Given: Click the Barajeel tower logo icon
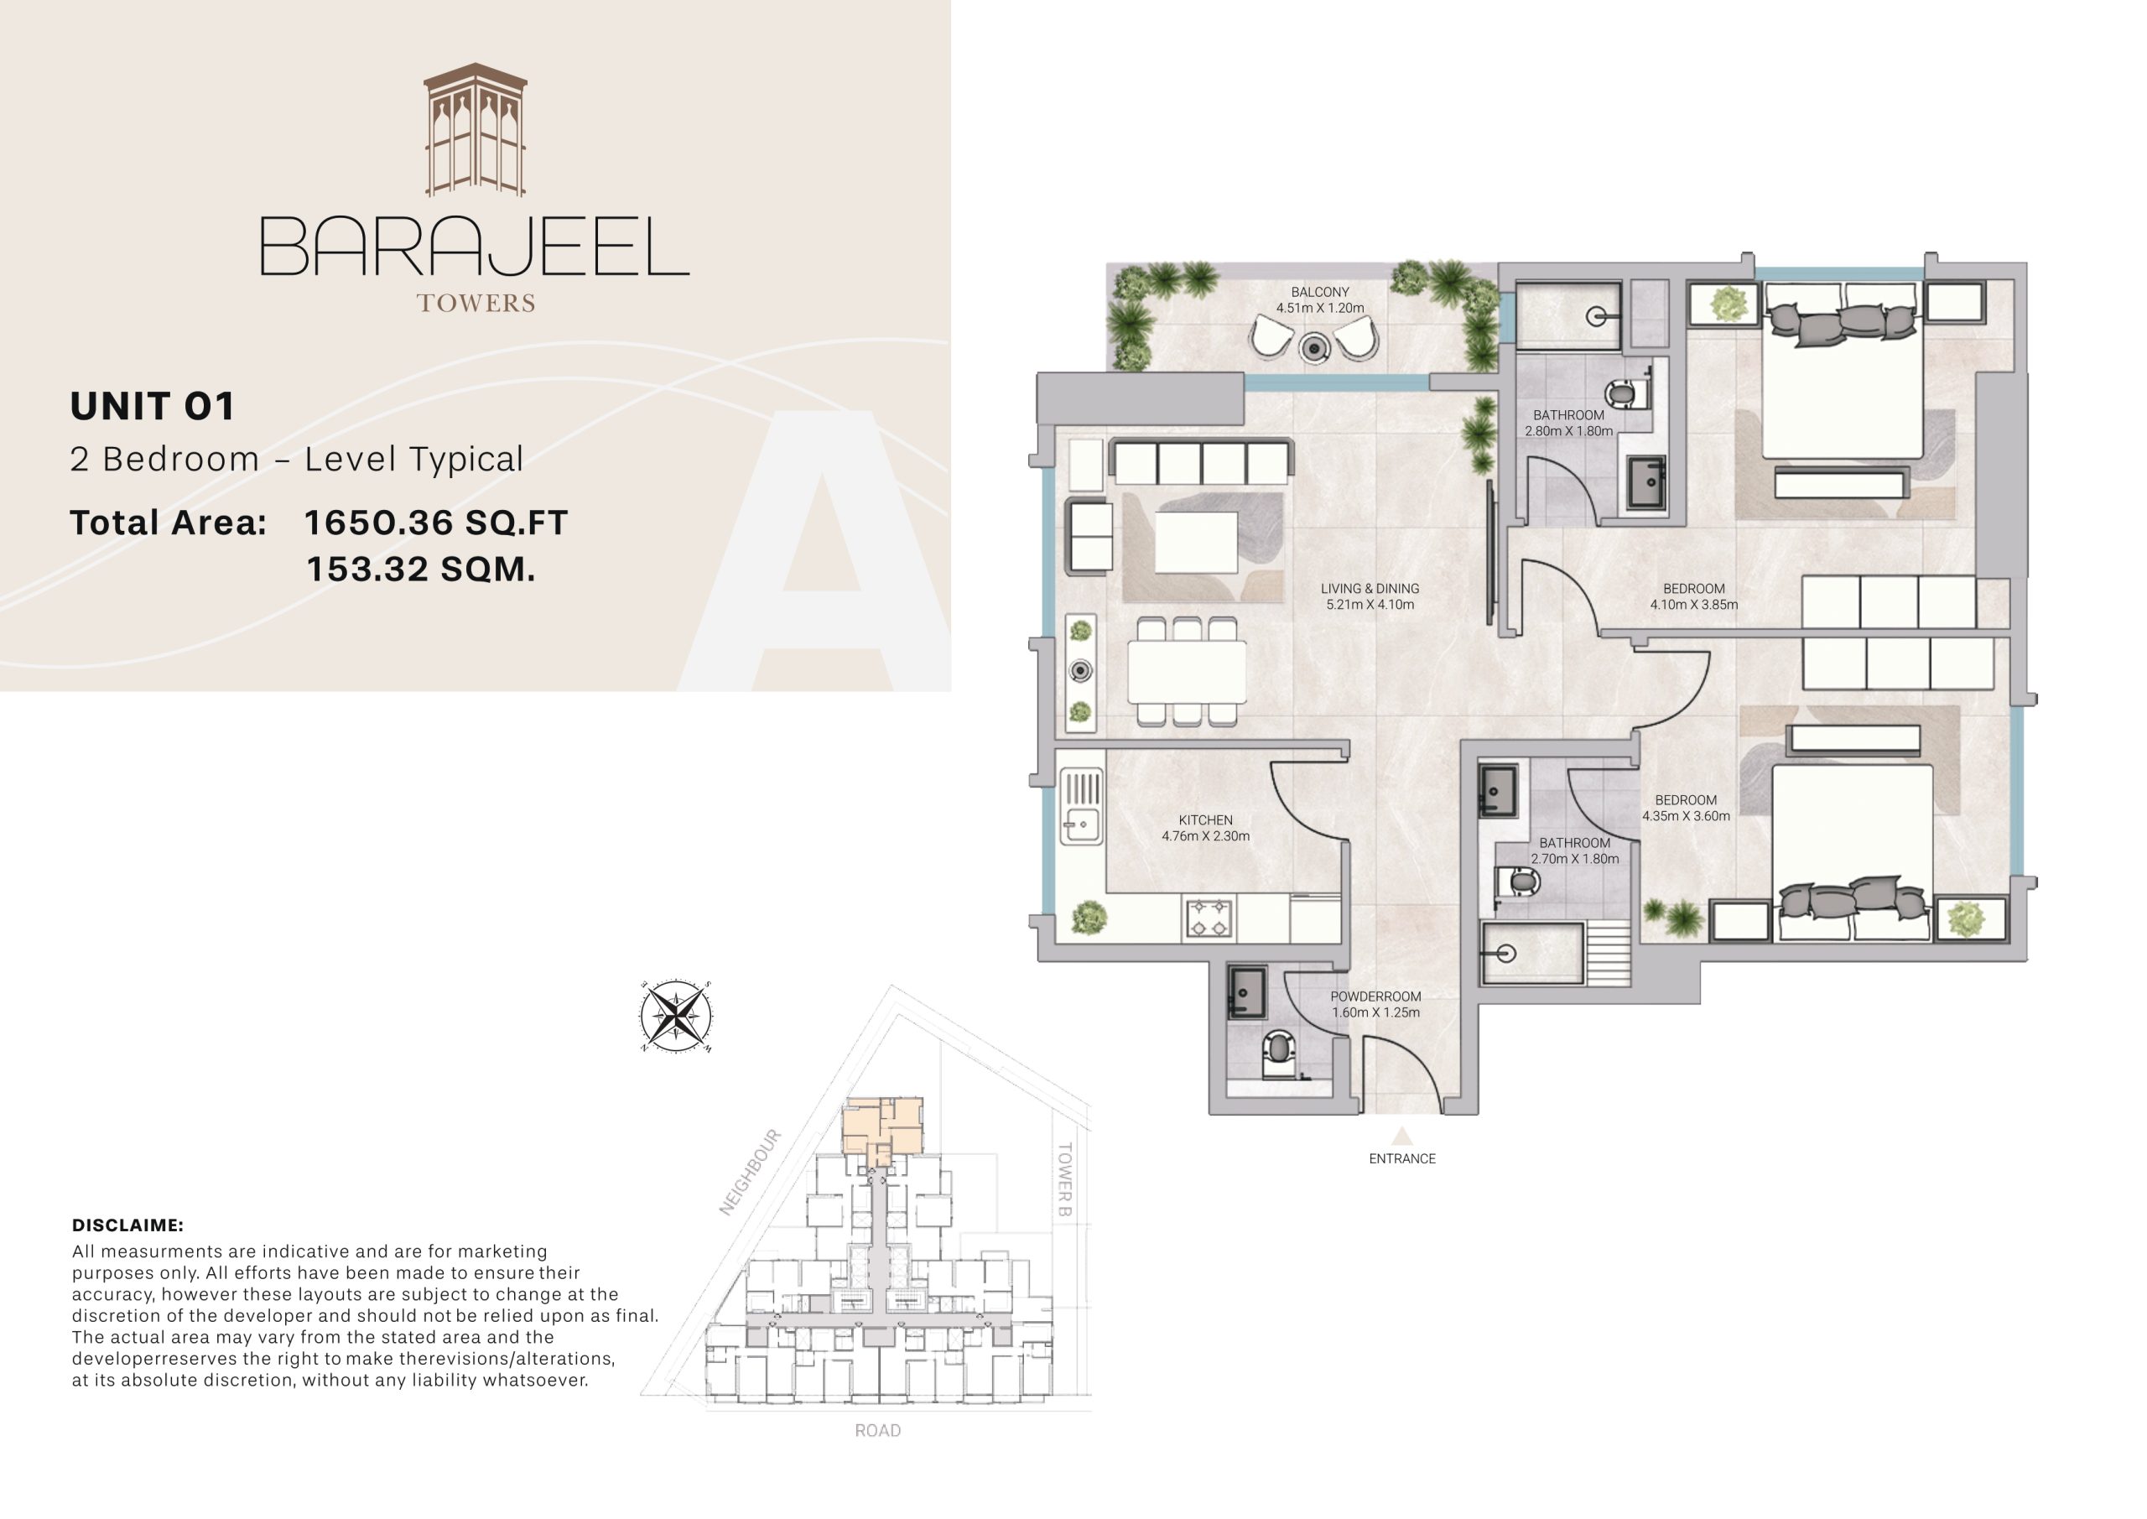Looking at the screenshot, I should pos(475,131).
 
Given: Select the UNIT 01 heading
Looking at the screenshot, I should pos(153,406).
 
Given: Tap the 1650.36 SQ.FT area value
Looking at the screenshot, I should pos(436,523).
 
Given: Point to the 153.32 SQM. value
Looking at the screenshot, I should pos(421,570).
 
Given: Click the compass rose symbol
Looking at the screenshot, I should pos(676,1016).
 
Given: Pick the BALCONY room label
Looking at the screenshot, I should pos(1319,293).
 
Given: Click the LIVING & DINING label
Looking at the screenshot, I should pos(1370,588).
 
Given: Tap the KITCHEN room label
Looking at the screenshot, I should pos(1205,820).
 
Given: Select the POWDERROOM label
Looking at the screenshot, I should pos(1375,997).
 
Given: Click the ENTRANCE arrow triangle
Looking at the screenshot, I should pos(1401,1137).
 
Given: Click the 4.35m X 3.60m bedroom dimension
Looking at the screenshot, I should pos(1686,815).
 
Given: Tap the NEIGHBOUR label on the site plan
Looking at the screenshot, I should pos(750,1173).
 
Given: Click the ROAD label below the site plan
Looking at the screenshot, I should pos(877,1430).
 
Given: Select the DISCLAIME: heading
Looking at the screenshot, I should pos(127,1225).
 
